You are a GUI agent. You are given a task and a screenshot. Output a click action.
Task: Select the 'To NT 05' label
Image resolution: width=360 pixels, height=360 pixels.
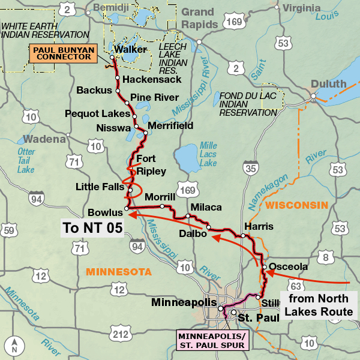tap(92, 227)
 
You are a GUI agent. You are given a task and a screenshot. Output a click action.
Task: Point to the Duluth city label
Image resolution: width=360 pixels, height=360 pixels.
tap(329, 83)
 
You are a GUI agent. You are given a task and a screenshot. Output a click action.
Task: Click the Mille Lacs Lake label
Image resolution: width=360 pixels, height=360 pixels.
tap(208, 154)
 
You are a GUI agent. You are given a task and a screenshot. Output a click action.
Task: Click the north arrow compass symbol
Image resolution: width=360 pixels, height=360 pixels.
tap(14, 346)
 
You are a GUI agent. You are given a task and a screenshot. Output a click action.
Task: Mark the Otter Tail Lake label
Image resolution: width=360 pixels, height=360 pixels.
tap(26, 160)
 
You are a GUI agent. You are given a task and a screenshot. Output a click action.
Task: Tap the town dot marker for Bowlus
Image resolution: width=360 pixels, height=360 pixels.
tap(127, 209)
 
